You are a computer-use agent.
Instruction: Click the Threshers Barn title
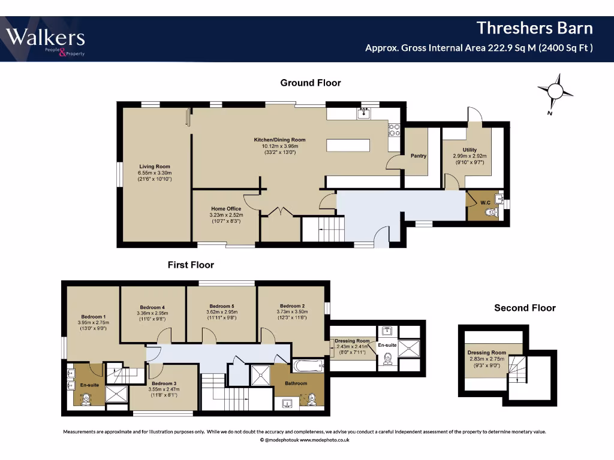click(534, 28)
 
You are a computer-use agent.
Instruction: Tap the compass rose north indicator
click(555, 92)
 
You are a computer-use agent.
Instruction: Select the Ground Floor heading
click(311, 83)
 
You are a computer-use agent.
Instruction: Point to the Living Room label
click(155, 167)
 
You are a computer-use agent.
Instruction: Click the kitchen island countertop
click(348, 145)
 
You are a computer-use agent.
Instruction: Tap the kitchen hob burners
click(394, 130)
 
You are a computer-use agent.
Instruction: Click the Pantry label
click(418, 156)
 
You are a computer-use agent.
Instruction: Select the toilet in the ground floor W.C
click(491, 212)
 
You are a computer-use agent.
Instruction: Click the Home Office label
click(226, 208)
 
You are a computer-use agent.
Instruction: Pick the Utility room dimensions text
click(470, 159)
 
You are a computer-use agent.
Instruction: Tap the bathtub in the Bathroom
click(308, 366)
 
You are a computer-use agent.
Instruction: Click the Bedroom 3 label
click(164, 383)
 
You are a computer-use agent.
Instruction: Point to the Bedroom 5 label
click(222, 306)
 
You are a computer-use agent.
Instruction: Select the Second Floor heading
click(525, 308)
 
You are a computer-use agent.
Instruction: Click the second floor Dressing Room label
click(487, 352)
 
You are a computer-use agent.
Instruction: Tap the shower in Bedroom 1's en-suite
click(116, 394)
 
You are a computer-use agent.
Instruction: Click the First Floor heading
click(191, 265)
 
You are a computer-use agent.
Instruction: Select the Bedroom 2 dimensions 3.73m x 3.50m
click(292, 311)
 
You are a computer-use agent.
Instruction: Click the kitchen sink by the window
click(364, 113)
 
